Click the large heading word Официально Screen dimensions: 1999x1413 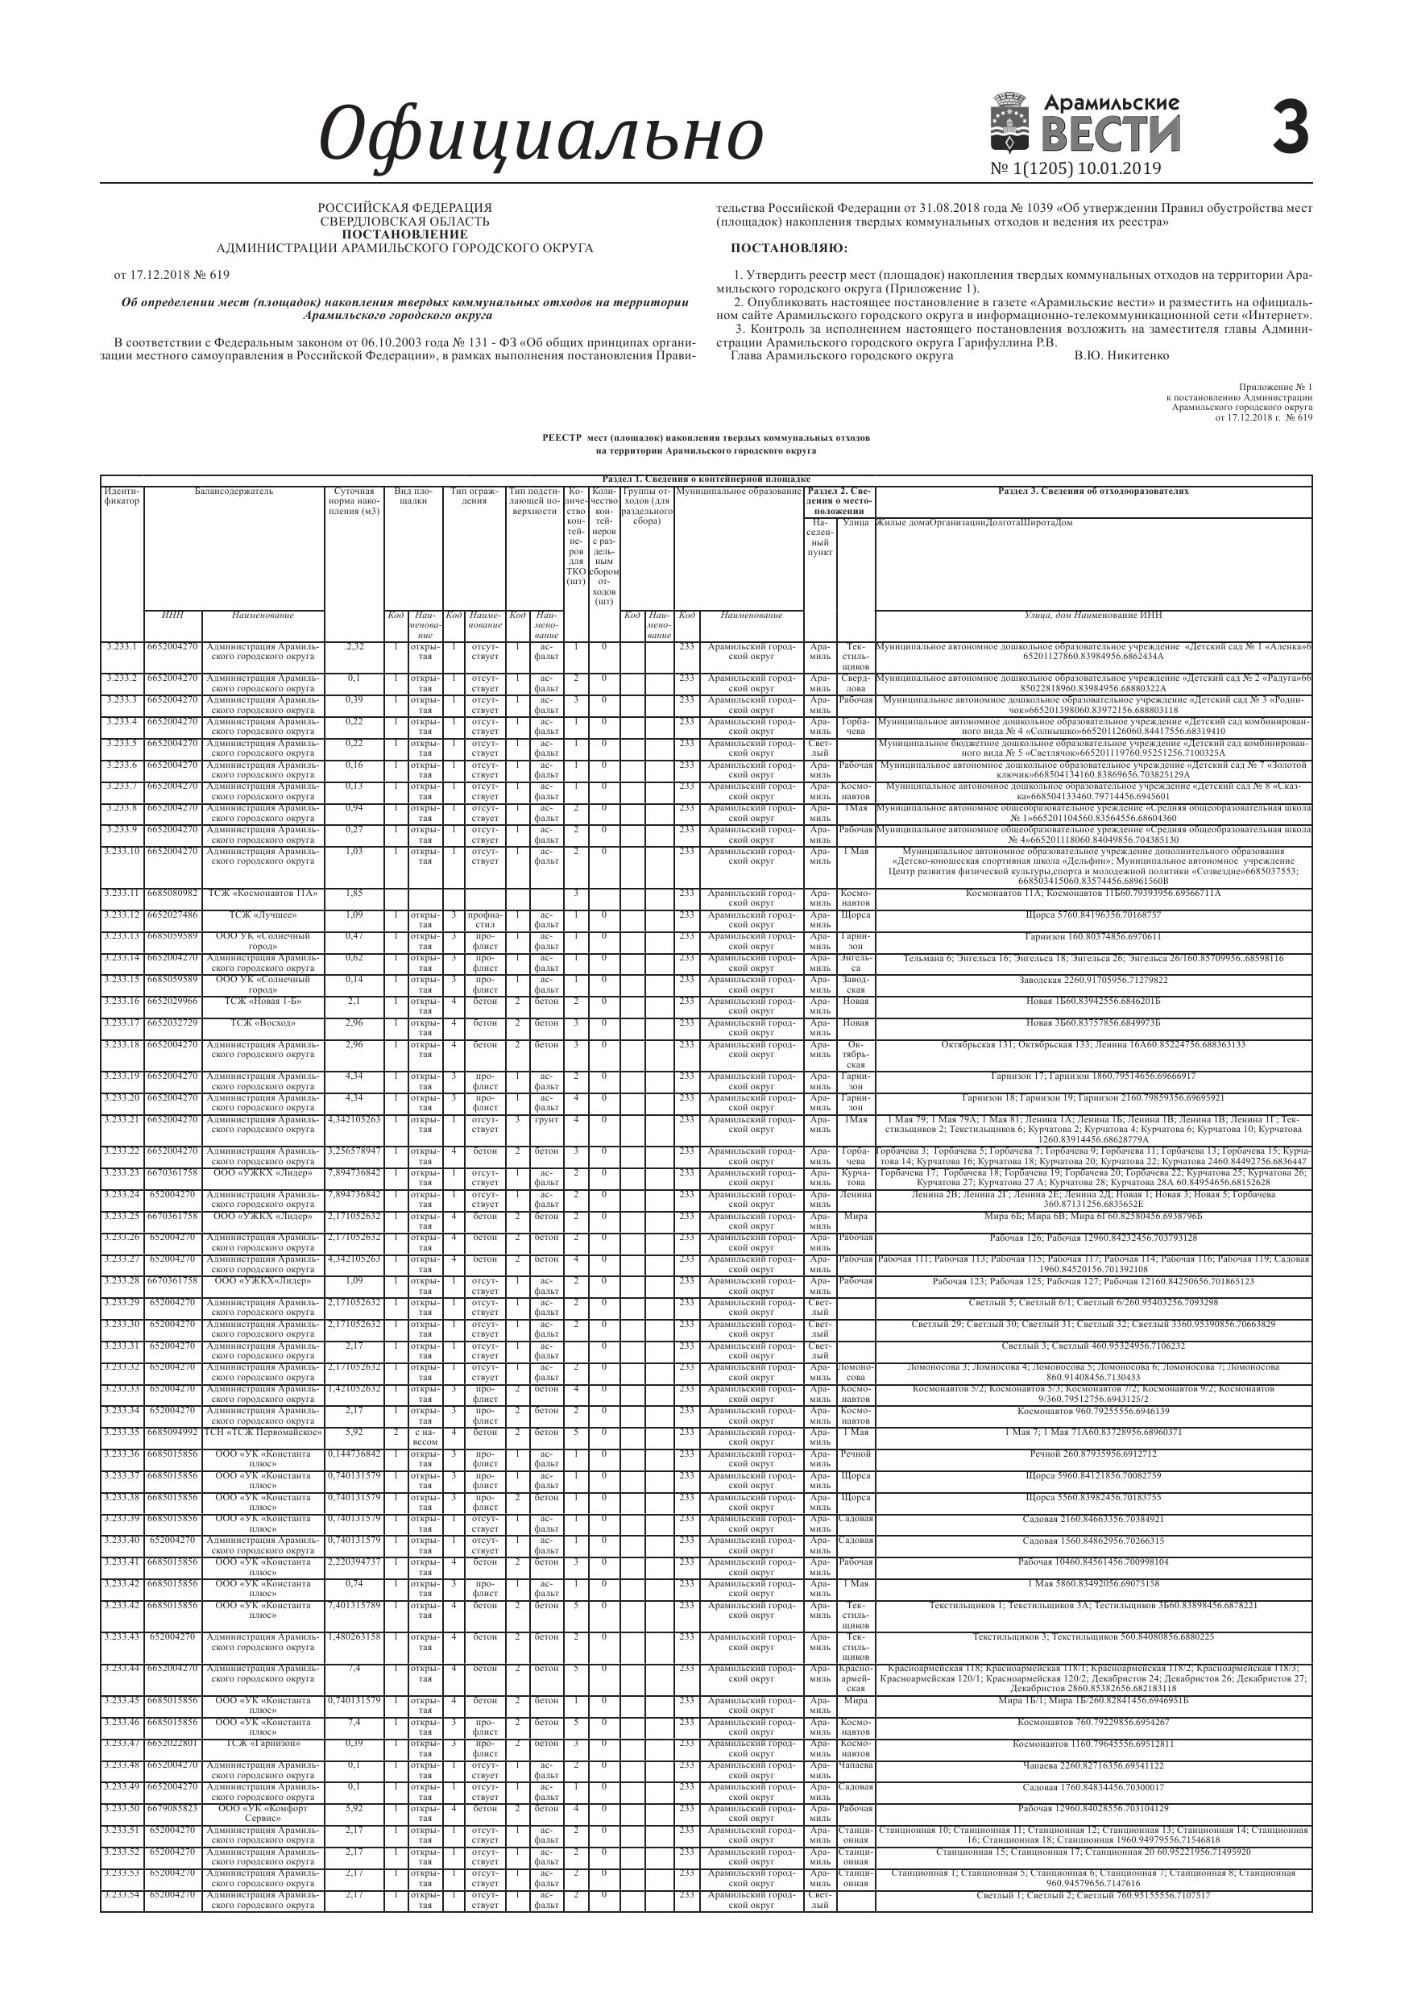[541, 132]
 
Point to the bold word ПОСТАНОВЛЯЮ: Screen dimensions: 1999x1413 [789, 248]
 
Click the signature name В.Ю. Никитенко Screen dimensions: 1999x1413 [1121, 356]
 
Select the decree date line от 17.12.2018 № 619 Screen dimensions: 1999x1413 [172, 275]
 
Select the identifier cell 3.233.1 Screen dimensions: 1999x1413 [122, 647]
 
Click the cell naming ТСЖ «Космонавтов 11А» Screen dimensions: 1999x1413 [262, 894]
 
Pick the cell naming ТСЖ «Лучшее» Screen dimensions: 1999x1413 [262, 915]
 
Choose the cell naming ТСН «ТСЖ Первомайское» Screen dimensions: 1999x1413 [262, 1433]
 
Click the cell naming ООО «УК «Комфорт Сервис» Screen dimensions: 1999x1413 [262, 1807]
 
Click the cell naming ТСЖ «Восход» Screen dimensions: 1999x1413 [262, 1023]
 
